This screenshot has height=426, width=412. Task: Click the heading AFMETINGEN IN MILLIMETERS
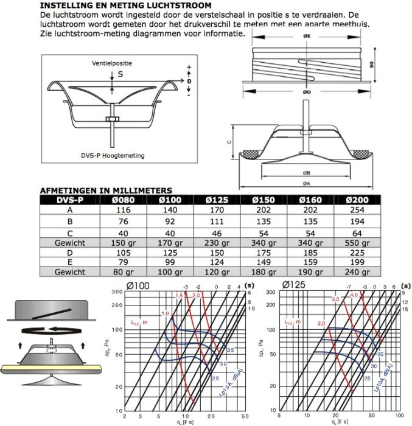click(x=106, y=190)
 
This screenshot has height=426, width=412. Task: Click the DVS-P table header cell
click(x=69, y=199)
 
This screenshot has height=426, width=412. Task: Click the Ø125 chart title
click(x=295, y=285)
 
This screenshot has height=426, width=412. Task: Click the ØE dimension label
click(x=306, y=37)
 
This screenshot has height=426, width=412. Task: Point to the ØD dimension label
click(x=306, y=93)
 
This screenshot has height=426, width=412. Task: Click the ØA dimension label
click(x=306, y=183)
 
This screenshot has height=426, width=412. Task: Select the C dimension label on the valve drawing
click(x=228, y=141)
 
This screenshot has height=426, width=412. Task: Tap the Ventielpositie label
click(x=112, y=63)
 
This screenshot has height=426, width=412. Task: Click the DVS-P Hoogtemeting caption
click(x=121, y=156)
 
